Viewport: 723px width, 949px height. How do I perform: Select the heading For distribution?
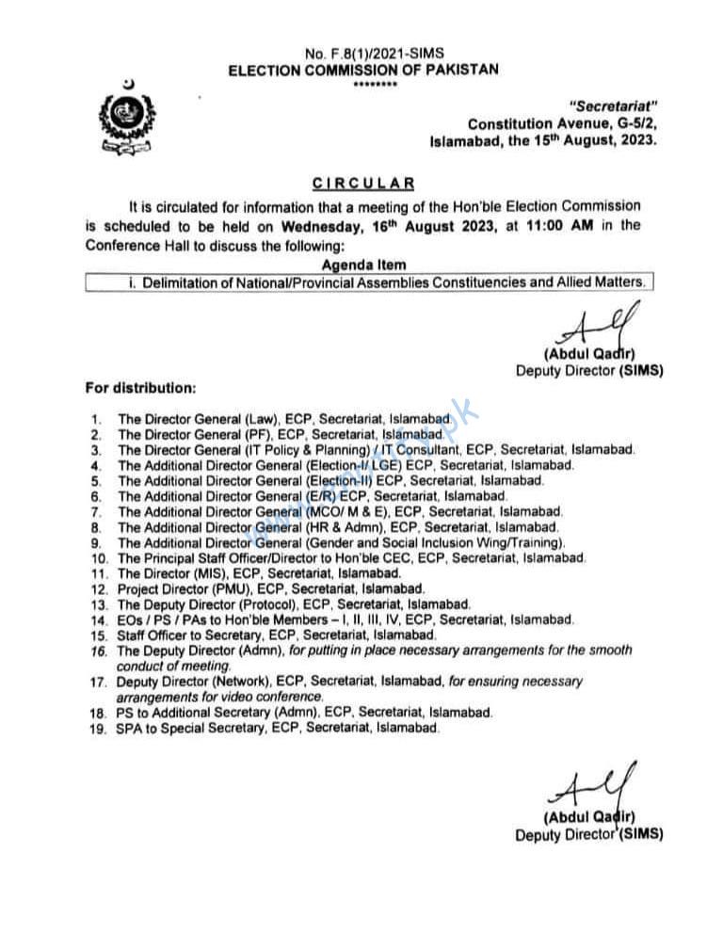[x=142, y=387]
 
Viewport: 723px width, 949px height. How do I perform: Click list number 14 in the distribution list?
[x=96, y=619]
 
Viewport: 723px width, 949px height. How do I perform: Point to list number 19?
[x=96, y=729]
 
